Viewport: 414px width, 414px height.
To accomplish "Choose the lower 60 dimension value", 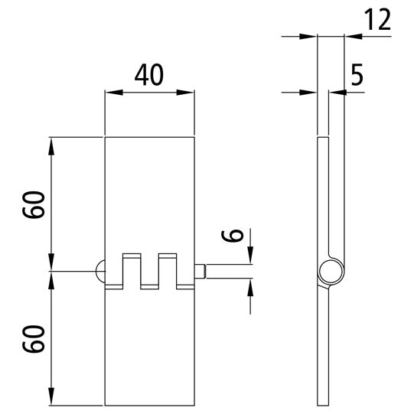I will (x=34, y=338).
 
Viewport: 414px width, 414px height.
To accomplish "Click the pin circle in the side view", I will (x=331, y=271).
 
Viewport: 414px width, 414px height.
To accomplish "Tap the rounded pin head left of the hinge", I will (x=99, y=271).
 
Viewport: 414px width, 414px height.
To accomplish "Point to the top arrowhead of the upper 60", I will (x=51, y=143).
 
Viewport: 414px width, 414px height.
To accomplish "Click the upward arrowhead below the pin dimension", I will (x=250, y=285).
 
